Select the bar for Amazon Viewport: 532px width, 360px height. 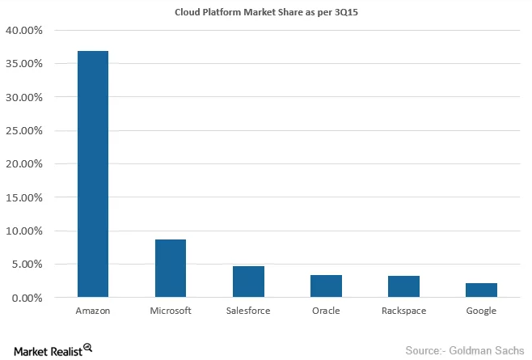point(94,174)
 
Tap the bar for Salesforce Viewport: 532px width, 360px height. point(248,282)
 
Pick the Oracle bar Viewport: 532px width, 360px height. point(326,286)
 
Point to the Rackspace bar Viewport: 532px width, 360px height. point(403,286)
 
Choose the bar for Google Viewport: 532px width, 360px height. point(481,290)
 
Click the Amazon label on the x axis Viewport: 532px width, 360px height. point(94,311)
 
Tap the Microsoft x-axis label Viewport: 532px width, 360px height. point(171,311)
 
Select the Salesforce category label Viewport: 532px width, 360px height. point(248,311)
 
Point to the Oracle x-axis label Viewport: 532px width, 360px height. point(326,311)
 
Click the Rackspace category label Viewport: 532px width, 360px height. point(403,311)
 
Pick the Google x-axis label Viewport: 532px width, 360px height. point(481,311)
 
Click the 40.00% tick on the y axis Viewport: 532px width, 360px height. point(25,30)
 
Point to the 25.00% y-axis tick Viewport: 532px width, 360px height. point(25,130)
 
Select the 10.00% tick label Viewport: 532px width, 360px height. point(25,231)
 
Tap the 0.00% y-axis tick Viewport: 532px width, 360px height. point(27,298)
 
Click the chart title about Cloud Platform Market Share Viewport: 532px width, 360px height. point(265,11)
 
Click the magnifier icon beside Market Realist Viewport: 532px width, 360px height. point(87,348)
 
